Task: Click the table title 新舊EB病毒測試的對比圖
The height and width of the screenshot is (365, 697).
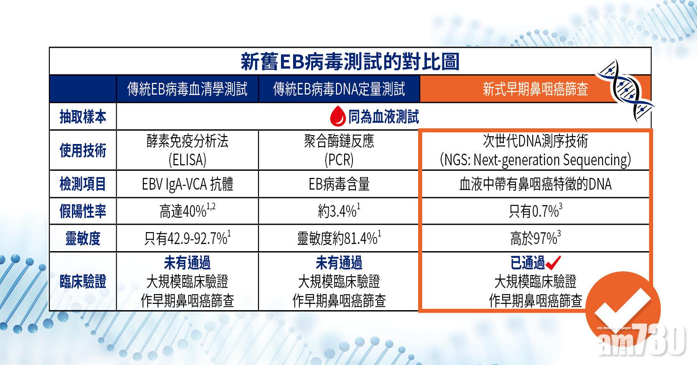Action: [350, 62]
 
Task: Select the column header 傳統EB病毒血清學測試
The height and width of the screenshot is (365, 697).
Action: [187, 89]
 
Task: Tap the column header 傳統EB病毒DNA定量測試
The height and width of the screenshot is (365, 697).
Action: [339, 89]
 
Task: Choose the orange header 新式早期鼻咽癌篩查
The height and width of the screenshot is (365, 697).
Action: [535, 89]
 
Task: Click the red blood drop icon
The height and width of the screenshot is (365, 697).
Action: [337, 116]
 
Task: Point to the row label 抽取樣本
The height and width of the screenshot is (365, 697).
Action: [83, 117]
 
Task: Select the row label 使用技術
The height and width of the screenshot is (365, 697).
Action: [83, 150]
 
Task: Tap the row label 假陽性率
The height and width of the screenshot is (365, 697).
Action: [83, 211]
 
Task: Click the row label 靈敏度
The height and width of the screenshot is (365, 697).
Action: [83, 239]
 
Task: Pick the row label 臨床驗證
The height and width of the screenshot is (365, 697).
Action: [83, 281]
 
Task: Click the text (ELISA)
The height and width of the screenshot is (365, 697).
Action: [187, 160]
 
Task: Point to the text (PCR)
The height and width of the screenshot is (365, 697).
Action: [339, 160]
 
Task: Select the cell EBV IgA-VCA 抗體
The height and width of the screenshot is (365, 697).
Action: [187, 184]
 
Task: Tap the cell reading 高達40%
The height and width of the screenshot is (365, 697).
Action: [187, 211]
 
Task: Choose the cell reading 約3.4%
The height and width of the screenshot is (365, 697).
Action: [339, 211]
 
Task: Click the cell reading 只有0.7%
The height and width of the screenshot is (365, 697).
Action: [535, 211]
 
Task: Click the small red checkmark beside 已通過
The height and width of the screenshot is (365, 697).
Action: [553, 263]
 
